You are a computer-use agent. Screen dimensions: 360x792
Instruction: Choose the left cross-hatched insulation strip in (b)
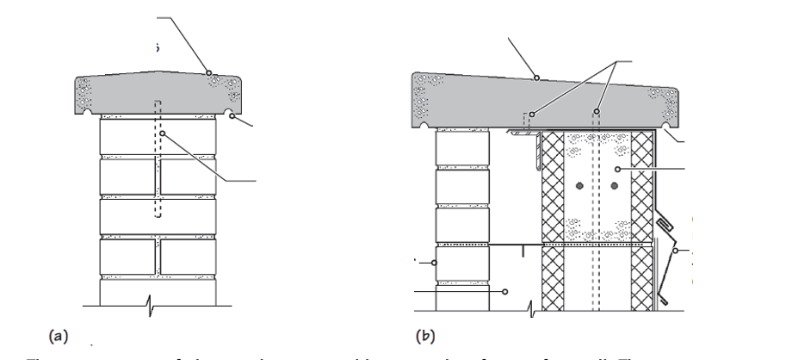(553, 224)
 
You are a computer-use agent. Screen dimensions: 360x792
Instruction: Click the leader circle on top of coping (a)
(208, 72)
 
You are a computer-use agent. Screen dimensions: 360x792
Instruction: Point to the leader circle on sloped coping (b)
(535, 78)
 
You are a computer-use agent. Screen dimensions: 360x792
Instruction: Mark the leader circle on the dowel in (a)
(160, 134)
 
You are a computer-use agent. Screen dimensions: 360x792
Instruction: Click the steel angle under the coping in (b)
(525, 136)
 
